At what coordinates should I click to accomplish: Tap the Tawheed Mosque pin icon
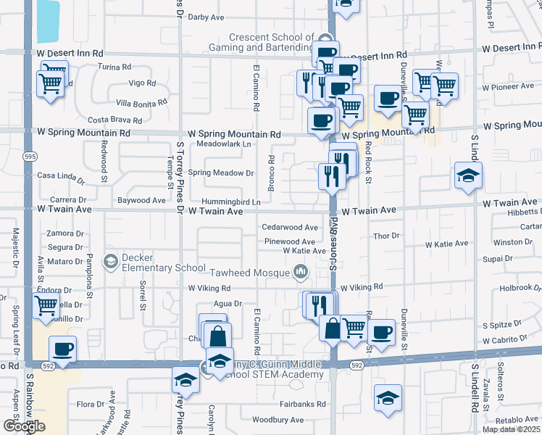coord(300,273)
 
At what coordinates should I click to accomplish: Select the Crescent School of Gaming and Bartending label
coord(271,42)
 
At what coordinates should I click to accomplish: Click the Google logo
coord(24,426)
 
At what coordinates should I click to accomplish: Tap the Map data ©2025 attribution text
coord(512,429)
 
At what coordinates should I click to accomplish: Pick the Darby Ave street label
coord(206,17)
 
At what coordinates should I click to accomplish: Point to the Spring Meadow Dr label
coord(221,173)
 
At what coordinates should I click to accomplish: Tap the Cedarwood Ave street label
coord(291,227)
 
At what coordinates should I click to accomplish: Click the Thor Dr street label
coord(385,236)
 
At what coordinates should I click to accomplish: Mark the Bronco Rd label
coord(271,173)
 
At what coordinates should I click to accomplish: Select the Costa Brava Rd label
coord(114,119)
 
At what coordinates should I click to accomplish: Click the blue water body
coord(48,21)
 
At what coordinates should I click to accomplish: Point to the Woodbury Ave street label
coord(278,420)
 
